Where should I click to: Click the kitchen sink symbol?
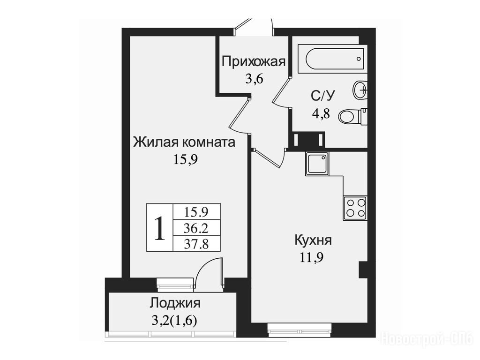point(317,164)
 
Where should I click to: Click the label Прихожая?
point(254,61)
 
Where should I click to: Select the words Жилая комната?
point(184,142)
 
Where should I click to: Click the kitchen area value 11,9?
point(311,257)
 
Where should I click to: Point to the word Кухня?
point(313,240)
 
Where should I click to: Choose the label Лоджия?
point(175,303)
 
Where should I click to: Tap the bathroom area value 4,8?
point(321,113)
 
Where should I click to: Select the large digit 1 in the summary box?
point(160,228)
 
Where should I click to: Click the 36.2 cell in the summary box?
point(196,228)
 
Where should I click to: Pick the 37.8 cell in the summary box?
point(196,244)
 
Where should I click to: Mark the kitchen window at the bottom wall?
point(300,330)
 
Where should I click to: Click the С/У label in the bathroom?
point(322,96)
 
